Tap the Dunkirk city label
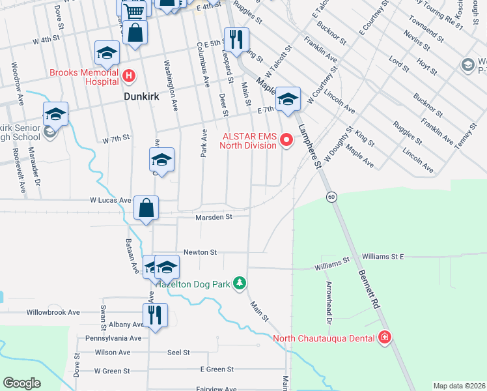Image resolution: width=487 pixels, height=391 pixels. [x=142, y=96]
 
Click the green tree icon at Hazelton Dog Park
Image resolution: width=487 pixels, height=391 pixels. [x=240, y=283]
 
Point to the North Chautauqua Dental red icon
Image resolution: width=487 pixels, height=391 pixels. [x=385, y=338]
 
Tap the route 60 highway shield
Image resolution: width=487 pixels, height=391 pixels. [x=331, y=196]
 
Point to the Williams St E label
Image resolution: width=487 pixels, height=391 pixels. [x=383, y=257]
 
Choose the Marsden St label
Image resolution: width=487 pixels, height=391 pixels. [x=214, y=217]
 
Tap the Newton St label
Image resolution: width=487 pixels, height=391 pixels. [x=199, y=252]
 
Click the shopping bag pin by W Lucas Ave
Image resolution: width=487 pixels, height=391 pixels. [x=146, y=209]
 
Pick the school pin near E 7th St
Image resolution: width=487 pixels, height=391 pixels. [x=287, y=99]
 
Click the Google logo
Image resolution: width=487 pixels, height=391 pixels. [x=21, y=383]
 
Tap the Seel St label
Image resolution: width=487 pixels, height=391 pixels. [x=178, y=352]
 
